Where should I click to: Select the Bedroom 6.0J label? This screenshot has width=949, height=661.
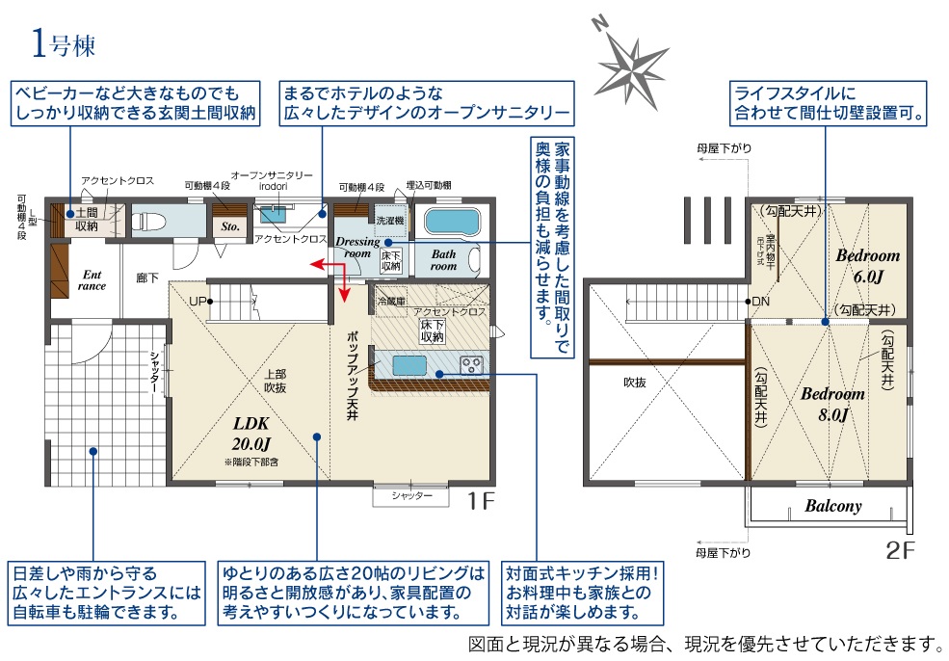pyautogui.click(x=867, y=266)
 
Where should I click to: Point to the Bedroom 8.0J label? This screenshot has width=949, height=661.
pyautogui.click(x=833, y=404)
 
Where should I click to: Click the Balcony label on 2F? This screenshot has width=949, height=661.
pyautogui.click(x=832, y=506)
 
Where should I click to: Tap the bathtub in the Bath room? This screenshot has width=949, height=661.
pyautogui.click(x=450, y=222)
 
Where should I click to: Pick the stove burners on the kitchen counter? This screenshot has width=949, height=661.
pyautogui.click(x=472, y=365)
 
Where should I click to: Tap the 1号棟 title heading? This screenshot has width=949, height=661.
pyautogui.click(x=63, y=43)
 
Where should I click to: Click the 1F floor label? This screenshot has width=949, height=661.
pyautogui.click(x=481, y=500)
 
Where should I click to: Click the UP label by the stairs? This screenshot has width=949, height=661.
pyautogui.click(x=198, y=301)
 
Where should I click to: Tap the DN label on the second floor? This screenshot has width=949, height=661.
pyautogui.click(x=761, y=302)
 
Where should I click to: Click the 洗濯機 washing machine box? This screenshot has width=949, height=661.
pyautogui.click(x=390, y=220)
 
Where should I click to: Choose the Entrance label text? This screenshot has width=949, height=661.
pyautogui.click(x=92, y=279)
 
